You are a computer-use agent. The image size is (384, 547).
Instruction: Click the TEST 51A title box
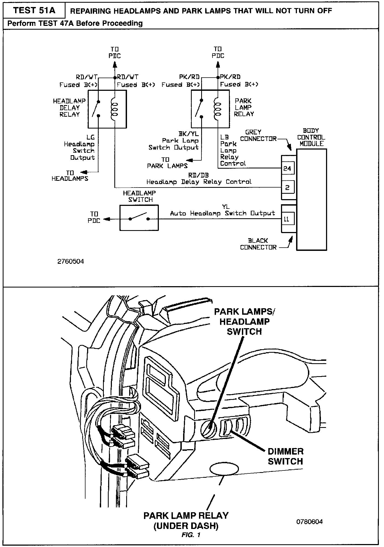coord(34,11)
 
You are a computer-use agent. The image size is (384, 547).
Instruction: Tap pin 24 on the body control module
coord(287,168)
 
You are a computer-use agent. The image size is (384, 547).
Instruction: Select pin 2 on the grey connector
coord(287,187)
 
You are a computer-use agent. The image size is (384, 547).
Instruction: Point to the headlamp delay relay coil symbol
coord(114,109)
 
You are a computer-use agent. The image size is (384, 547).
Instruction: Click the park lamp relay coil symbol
coord(217,109)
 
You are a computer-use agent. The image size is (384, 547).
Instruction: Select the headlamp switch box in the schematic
coord(139,218)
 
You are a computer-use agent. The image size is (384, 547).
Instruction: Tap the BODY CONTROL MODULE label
coord(311,137)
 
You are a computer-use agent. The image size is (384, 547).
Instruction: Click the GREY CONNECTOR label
coord(258,136)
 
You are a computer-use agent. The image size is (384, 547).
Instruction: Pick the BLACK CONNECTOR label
coord(258,244)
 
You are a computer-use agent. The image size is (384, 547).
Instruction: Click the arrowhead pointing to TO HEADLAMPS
coord(84,172)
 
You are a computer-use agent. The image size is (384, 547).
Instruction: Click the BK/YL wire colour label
coord(188,134)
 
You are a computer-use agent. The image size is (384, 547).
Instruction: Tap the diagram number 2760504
coord(71,261)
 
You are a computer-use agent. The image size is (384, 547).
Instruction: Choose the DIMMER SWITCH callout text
coord(285,456)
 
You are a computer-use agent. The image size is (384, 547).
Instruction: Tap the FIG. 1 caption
coord(191,535)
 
